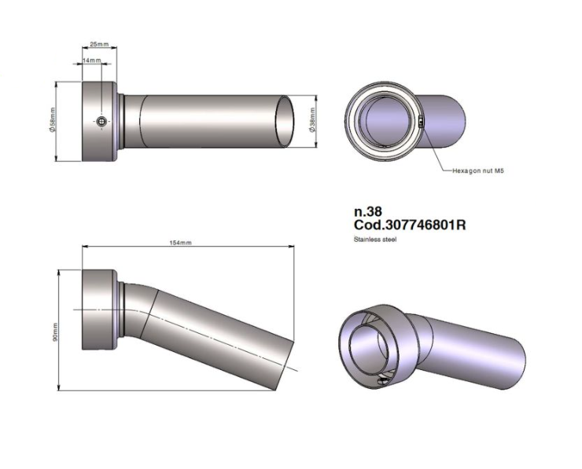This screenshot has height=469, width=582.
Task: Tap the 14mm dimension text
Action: (x=93, y=60)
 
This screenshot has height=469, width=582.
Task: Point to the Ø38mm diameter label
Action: (x=314, y=120)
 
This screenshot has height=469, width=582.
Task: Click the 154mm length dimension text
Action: (x=181, y=243)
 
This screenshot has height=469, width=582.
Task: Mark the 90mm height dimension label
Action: (x=55, y=332)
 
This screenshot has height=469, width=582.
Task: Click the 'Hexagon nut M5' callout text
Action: (x=477, y=170)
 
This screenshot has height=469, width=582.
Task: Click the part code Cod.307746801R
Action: (x=411, y=225)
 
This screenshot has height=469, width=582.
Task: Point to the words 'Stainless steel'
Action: (x=375, y=239)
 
